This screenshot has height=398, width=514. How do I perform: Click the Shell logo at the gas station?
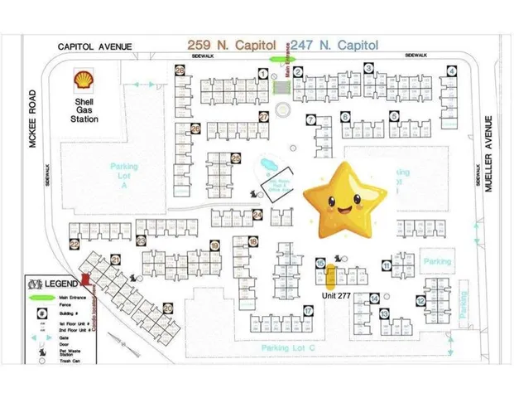pyautogui.click(x=83, y=81)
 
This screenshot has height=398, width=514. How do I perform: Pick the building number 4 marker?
pyautogui.click(x=451, y=71)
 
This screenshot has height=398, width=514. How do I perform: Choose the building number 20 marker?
pyautogui.click(x=168, y=308)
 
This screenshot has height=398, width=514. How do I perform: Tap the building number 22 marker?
pyautogui.click(x=74, y=244)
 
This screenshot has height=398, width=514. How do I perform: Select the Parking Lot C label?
pyautogui.click(x=289, y=348)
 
